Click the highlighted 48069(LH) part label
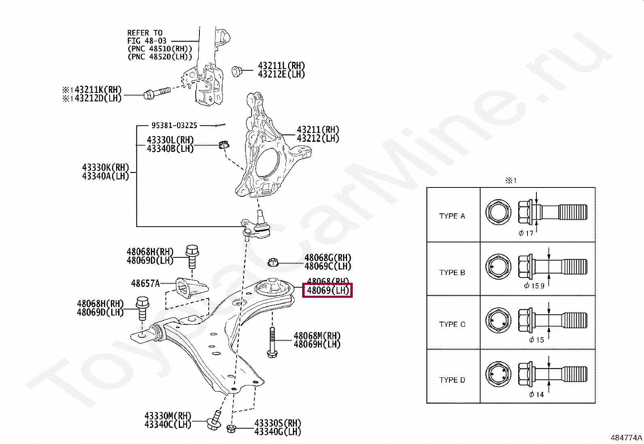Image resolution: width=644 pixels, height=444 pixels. coord(328,290)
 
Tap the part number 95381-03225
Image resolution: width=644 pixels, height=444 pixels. coord(174,126)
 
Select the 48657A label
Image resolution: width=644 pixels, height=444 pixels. coord(145,284)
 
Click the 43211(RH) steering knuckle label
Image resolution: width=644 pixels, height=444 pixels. coord(318,130)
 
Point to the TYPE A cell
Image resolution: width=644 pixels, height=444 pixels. coord(452,216)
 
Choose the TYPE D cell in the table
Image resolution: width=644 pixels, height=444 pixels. coord(452,380)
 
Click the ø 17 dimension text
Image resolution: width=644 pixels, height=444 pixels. coord(526,233)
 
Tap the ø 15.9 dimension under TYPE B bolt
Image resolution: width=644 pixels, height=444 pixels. coord(534,286)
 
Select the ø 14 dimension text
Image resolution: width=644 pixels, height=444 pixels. coord(536,395)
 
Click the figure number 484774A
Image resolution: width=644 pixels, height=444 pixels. coord(626,438)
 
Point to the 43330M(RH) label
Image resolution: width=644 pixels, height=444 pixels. coord(167,416)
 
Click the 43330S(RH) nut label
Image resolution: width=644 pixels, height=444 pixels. coord(278,423)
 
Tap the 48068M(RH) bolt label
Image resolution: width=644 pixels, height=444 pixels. coord(317,336)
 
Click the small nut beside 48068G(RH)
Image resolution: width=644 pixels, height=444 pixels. coord(273,262)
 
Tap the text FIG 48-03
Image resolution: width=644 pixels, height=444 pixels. coord(147,41)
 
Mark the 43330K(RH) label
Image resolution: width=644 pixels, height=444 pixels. coord(105,167)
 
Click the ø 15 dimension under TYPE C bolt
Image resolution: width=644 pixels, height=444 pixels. coord(537,340)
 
